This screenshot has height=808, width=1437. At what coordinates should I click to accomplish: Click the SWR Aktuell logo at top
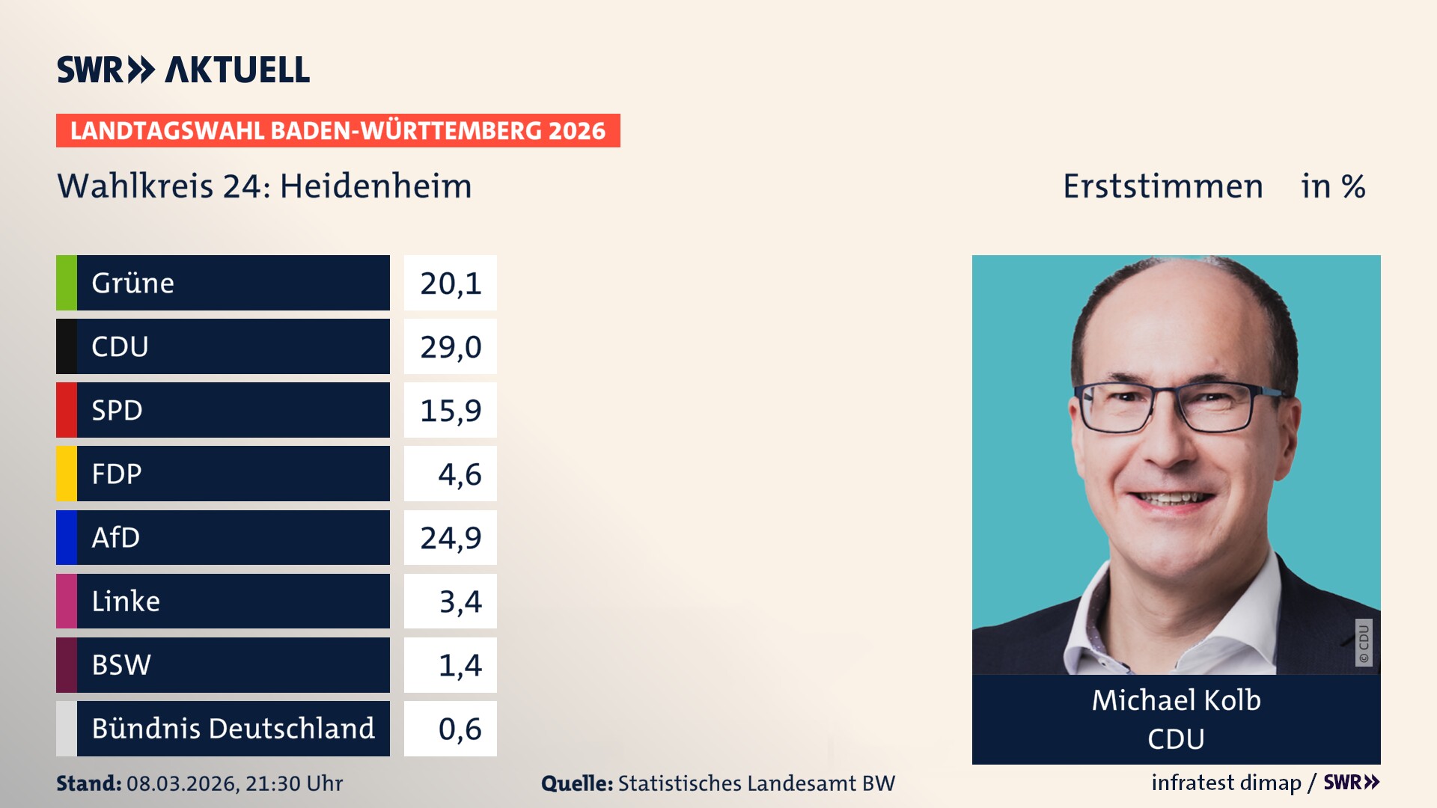click(x=183, y=70)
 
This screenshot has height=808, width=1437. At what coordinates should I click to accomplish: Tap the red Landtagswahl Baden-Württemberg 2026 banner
click(x=338, y=131)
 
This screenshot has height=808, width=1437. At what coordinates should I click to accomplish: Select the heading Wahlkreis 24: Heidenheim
click(x=264, y=186)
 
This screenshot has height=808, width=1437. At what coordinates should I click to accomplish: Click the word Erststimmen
click(x=1162, y=186)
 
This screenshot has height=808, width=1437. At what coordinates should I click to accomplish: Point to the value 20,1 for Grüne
click(x=451, y=284)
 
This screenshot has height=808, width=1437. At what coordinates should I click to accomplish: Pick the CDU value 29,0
click(x=451, y=347)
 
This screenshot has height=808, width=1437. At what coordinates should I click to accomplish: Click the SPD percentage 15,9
click(x=451, y=411)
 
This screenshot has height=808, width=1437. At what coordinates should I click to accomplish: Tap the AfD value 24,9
click(x=451, y=538)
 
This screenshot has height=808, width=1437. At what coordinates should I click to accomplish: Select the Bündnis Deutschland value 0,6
click(x=459, y=729)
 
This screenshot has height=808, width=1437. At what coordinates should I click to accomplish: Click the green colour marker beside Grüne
click(x=67, y=283)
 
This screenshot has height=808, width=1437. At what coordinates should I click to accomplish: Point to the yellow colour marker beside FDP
click(x=67, y=474)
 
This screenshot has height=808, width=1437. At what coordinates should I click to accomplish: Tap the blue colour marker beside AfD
click(x=67, y=537)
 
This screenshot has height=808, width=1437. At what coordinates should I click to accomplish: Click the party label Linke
click(x=126, y=602)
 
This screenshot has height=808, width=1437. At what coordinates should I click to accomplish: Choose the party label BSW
click(x=121, y=665)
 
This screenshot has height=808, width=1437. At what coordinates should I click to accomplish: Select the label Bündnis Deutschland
click(x=233, y=729)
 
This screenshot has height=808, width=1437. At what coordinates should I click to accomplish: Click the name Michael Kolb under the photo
click(x=1176, y=700)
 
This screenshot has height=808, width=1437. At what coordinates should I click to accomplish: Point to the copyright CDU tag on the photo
click(x=1364, y=643)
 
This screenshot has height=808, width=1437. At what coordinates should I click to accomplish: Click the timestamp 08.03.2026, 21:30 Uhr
click(x=234, y=783)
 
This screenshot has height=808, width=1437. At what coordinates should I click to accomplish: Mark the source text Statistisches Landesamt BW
click(x=756, y=783)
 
